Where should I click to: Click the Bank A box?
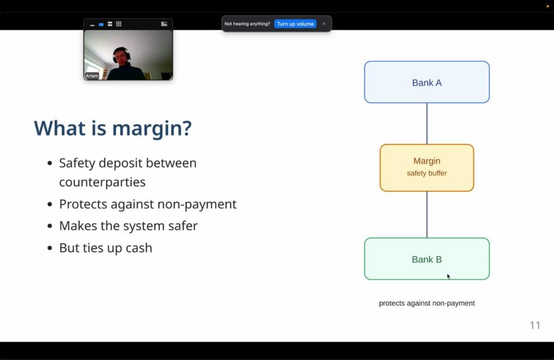(427, 82)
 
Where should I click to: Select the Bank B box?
(427, 259)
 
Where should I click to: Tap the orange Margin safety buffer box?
(427, 168)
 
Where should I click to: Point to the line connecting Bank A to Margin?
(427, 124)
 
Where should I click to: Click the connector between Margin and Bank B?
(427, 215)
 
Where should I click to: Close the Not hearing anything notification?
(324, 24)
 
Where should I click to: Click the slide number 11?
(535, 325)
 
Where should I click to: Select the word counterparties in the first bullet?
(102, 182)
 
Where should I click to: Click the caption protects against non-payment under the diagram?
(427, 303)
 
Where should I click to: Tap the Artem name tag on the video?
(92, 76)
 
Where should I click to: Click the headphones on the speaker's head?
(121, 55)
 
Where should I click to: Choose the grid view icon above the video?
(118, 24)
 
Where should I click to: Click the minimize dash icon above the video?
(92, 25)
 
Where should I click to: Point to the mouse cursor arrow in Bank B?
(449, 277)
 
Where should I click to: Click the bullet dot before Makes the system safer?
(50, 226)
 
